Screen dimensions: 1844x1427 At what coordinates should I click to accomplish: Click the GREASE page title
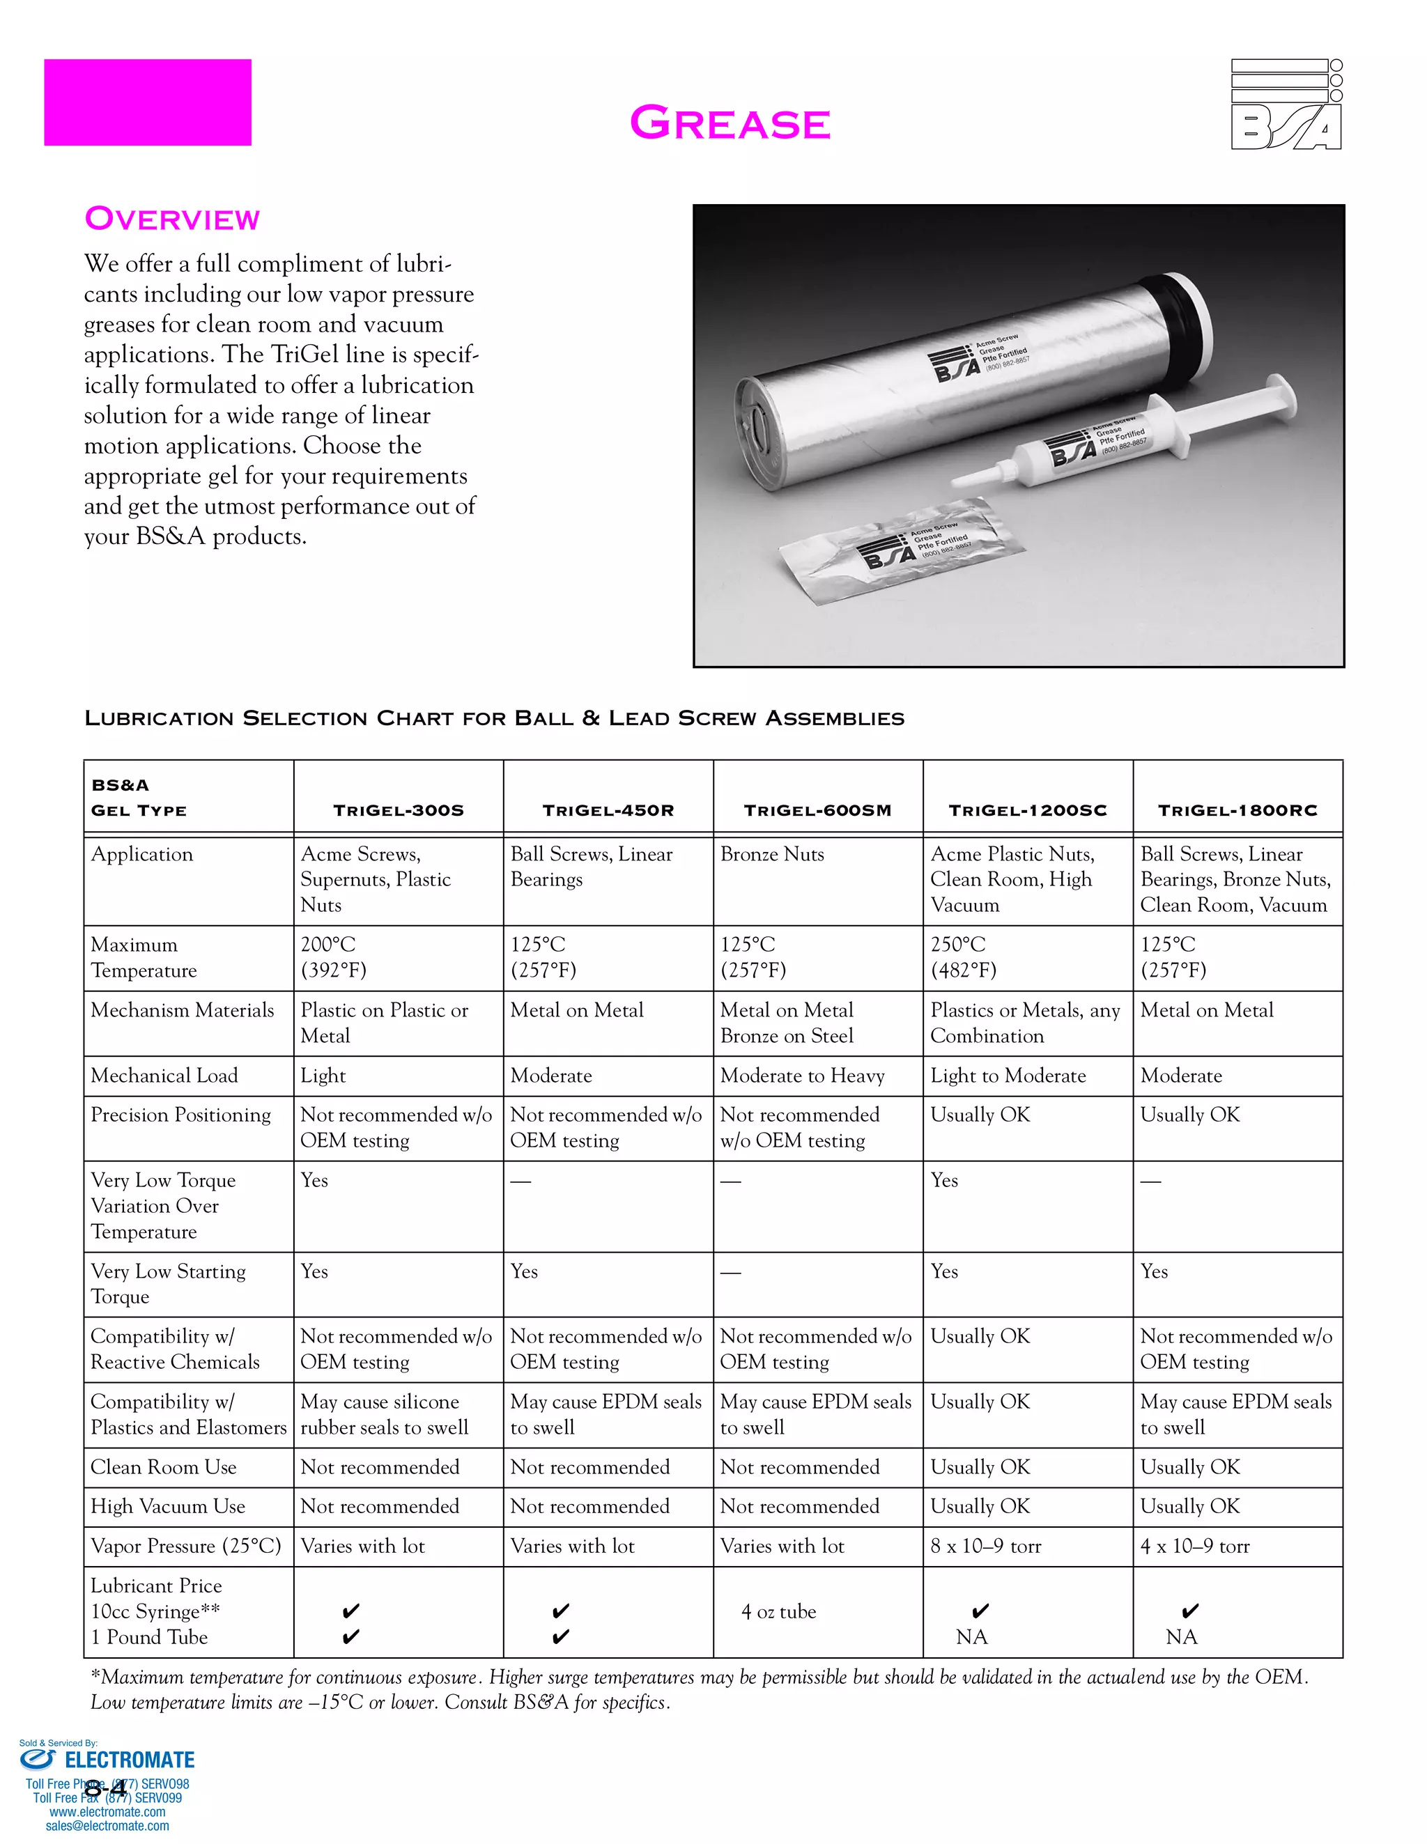(730, 123)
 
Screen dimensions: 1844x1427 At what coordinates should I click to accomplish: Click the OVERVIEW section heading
(172, 219)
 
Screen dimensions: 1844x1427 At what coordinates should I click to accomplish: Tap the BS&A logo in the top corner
(1286, 104)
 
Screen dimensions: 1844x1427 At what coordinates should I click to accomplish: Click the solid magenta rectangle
(148, 102)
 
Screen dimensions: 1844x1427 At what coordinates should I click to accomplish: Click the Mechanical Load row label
(164, 1076)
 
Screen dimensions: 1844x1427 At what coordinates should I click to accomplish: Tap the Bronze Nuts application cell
(773, 855)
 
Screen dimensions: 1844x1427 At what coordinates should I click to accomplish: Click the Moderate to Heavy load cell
(802, 1076)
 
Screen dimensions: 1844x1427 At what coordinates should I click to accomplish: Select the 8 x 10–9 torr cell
(985, 1546)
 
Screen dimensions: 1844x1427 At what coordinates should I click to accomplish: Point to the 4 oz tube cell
(778, 1612)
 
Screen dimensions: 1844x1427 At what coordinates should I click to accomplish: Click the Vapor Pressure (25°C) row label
(186, 1546)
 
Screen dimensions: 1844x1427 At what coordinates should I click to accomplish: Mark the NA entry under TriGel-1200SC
(972, 1637)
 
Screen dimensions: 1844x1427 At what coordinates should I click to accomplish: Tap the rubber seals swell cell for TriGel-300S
(384, 1414)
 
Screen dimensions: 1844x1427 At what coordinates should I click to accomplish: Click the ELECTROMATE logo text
(129, 1760)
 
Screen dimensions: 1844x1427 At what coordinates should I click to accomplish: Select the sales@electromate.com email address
(107, 1825)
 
